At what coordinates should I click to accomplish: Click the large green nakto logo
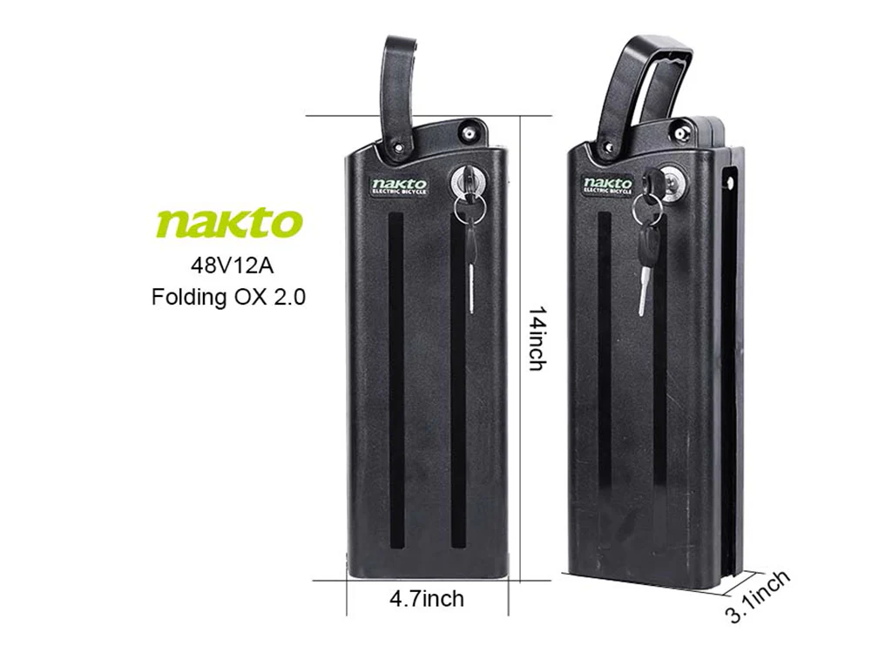point(229,222)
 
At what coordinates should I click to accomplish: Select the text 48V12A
point(228,262)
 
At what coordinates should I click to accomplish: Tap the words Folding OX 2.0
point(228,296)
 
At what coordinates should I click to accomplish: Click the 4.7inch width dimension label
point(427,599)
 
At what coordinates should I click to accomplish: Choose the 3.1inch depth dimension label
point(758,596)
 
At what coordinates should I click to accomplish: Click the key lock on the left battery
point(463,182)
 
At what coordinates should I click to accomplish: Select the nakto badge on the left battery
point(400,185)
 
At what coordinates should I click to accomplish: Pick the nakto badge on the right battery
point(607,185)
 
